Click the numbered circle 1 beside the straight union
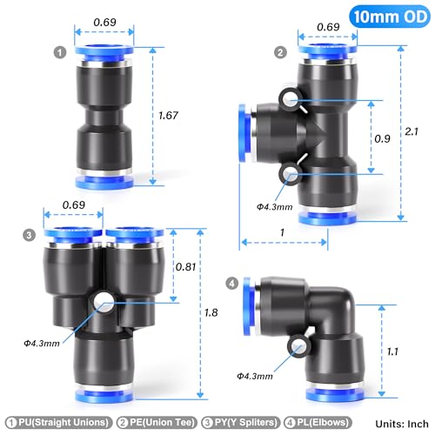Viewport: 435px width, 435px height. click(59, 52)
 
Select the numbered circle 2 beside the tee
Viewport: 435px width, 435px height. click(280, 52)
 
